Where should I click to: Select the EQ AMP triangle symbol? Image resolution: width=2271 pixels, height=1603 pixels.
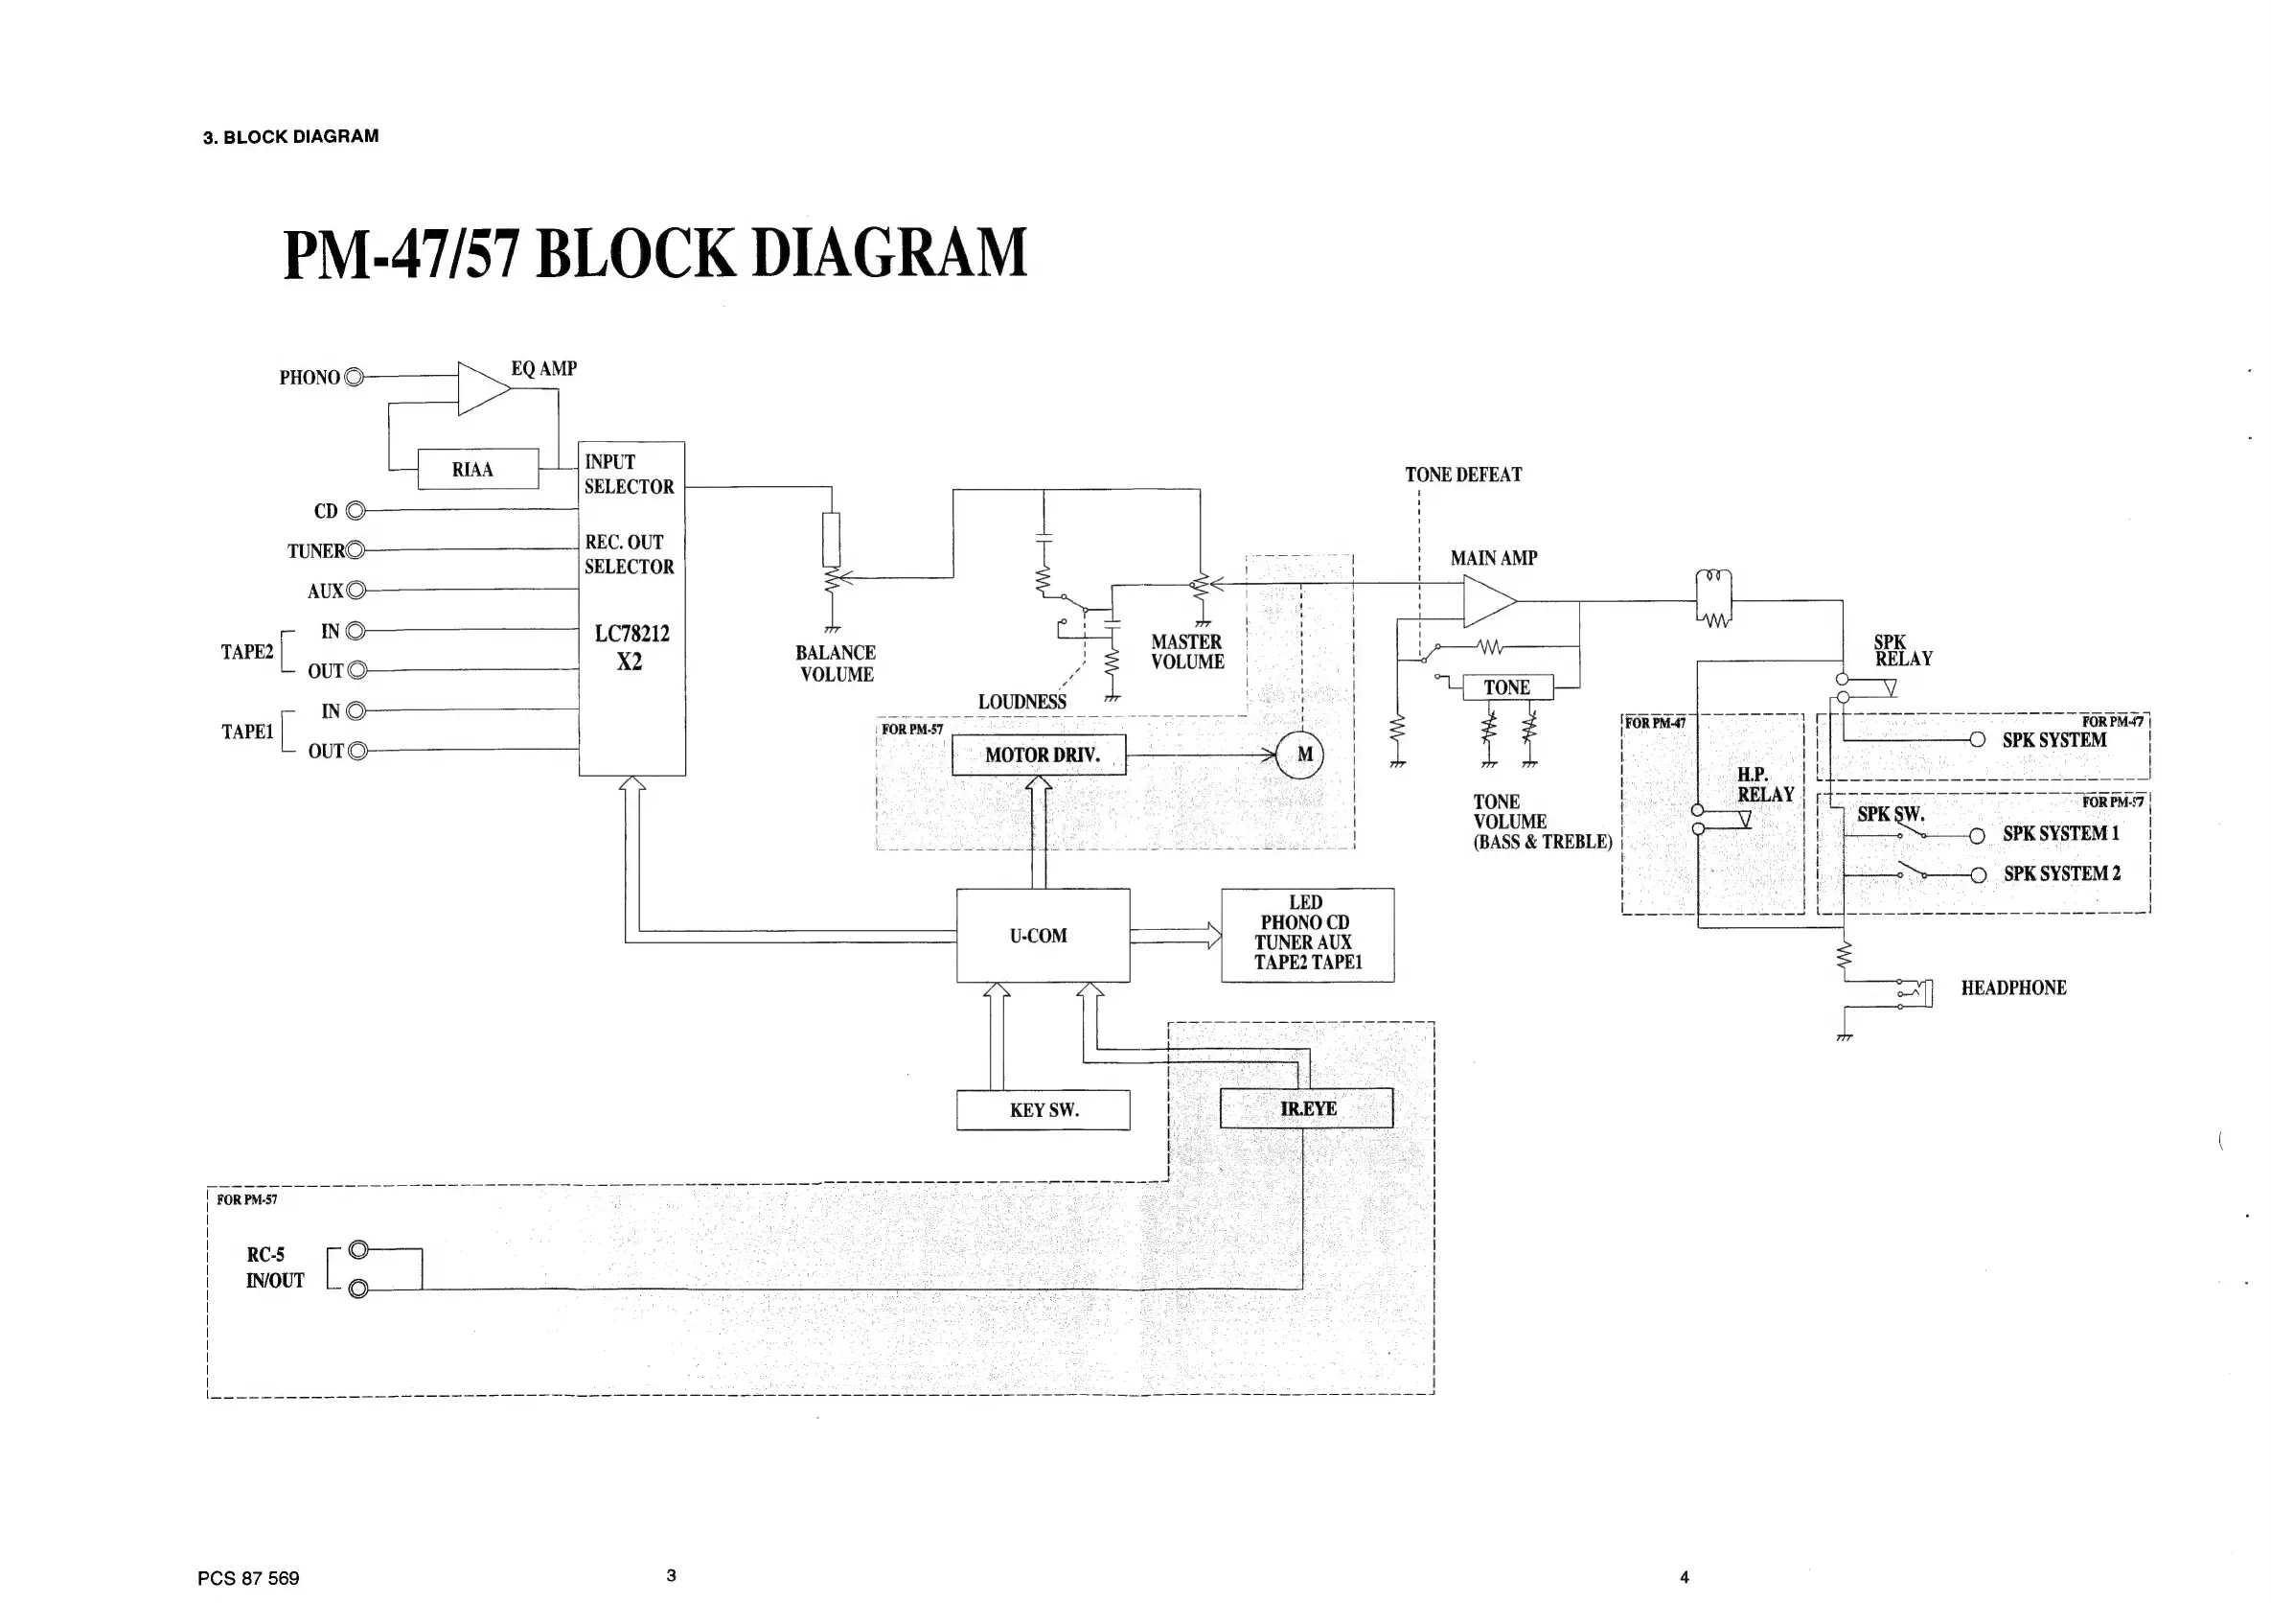482,389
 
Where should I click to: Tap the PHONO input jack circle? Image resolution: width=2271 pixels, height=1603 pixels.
355,377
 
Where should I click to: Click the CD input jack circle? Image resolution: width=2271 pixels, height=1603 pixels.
356,511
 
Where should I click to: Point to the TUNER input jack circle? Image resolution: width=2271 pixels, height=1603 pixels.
356,550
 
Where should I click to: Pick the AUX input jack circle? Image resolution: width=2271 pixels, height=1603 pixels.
356,591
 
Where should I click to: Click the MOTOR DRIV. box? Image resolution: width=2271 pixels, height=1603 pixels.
1039,755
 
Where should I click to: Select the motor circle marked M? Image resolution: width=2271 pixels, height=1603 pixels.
1299,755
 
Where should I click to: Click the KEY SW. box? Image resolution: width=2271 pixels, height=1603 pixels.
1043,1110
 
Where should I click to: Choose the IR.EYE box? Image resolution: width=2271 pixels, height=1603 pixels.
1306,1108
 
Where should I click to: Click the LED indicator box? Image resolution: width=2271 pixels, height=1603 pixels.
1307,934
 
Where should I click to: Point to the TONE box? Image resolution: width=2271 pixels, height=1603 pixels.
1506,687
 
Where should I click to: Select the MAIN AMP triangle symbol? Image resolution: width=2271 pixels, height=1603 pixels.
1486,600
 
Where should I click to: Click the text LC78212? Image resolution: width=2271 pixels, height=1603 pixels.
631,634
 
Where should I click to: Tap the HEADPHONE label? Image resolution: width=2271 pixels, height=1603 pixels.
2013,987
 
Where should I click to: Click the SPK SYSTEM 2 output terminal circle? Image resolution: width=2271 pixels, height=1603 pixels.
1977,874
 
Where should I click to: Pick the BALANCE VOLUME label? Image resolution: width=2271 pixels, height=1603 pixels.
836,664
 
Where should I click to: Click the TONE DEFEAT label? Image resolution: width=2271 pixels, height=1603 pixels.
1463,475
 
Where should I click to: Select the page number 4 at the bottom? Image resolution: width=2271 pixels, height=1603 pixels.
1685,1577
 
